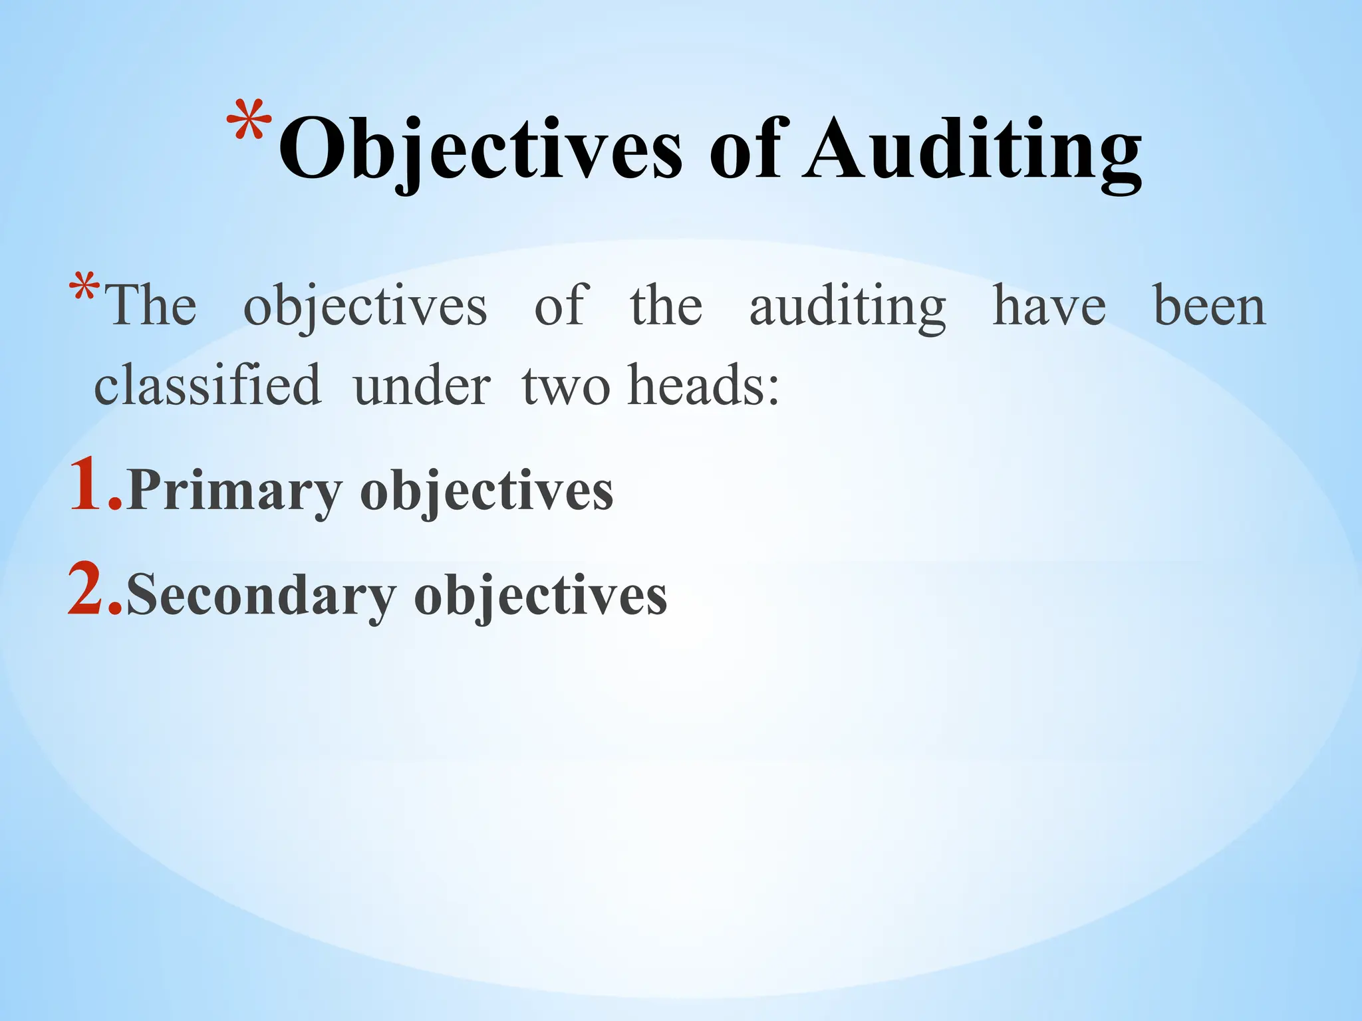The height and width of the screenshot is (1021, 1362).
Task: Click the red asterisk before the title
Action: (x=249, y=120)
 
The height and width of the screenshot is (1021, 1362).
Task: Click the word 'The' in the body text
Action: (x=153, y=306)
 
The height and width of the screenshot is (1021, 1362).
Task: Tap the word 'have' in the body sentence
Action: (x=1049, y=306)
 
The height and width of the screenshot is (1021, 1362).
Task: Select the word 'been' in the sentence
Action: (x=1209, y=306)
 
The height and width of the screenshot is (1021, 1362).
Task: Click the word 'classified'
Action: (x=207, y=386)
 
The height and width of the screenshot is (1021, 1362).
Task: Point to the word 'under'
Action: (x=422, y=386)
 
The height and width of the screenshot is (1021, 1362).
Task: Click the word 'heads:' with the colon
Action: (x=704, y=386)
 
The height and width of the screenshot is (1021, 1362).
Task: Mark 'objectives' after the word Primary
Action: (x=487, y=492)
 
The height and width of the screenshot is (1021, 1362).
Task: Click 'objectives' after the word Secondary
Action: (x=541, y=596)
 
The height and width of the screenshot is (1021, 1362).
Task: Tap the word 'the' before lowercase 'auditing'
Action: (x=666, y=306)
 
